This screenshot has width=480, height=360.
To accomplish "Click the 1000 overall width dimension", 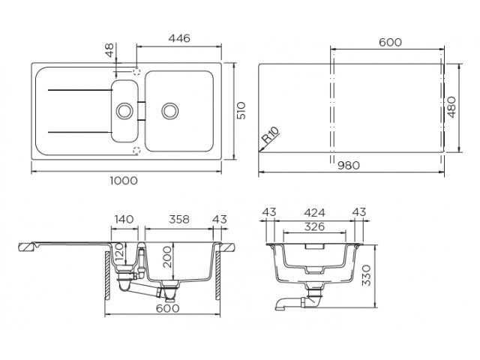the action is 124,181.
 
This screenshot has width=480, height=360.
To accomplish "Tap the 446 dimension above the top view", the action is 179,38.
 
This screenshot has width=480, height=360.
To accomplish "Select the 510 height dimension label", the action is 241,110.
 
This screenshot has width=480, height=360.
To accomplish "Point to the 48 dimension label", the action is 109,50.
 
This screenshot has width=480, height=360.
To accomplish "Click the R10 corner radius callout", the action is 271,135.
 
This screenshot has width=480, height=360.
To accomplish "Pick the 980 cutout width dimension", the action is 349,166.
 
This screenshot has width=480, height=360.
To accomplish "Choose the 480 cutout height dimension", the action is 451,107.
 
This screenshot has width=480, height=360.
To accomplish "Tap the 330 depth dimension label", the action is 366,275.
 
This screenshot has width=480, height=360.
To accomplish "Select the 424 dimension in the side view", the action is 315,212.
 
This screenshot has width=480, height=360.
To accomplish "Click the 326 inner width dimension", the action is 315,226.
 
